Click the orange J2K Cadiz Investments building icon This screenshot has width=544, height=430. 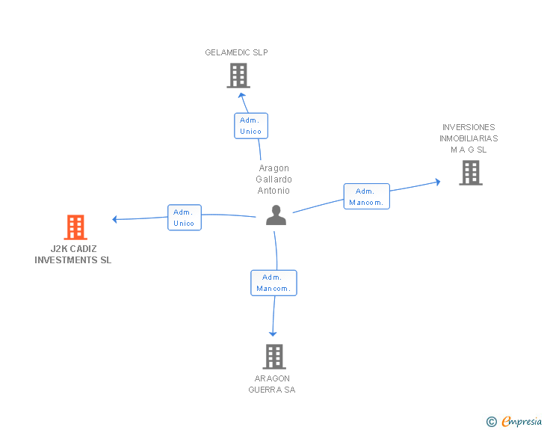coord(75,227)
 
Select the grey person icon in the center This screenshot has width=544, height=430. coord(276,215)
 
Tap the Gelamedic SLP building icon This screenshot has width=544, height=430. coord(238,76)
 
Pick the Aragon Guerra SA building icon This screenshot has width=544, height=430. coord(274,357)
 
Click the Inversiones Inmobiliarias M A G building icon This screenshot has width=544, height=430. coord(471,173)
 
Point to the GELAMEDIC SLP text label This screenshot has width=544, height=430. coord(236,52)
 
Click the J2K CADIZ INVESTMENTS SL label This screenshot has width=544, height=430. coord(73,254)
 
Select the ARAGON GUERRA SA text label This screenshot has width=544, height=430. coord(272,384)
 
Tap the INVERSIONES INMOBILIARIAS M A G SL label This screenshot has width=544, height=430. coord(469,138)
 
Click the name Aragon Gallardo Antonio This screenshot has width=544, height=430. coord(273,179)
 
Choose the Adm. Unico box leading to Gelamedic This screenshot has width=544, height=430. coord(251,126)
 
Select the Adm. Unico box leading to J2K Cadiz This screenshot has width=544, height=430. coord(185,218)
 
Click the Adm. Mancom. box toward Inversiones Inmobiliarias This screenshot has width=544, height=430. coord(367,196)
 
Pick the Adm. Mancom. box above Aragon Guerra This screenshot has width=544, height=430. coord(273,283)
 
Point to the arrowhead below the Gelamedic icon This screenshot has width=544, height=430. coord(241,96)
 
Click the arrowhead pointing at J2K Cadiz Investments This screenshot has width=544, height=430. coord(115,219)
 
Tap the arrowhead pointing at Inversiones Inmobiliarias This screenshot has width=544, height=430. coord(438,182)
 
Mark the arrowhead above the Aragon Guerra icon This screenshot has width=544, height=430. coord(273,334)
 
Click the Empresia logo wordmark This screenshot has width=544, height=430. coord(522,421)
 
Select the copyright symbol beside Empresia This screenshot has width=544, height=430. coord(492,422)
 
